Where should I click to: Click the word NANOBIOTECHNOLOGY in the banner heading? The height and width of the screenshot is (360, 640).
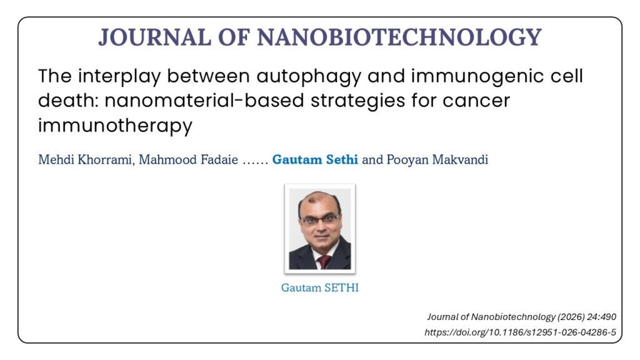tap(399, 37)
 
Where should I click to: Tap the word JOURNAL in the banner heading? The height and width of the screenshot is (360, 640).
tap(154, 37)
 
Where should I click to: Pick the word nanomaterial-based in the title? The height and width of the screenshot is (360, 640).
tap(204, 101)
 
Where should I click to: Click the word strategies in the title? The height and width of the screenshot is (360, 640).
tap(357, 101)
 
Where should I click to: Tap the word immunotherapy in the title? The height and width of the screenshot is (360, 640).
tap(115, 126)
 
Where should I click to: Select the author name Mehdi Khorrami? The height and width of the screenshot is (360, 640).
tap(85, 159)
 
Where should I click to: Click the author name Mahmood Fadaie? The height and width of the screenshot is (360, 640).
tap(188, 159)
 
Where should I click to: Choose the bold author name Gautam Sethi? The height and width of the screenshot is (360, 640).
tap(315, 159)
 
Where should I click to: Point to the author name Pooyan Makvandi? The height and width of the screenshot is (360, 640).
tap(437, 159)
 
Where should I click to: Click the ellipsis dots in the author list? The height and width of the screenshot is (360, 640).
tap(255, 162)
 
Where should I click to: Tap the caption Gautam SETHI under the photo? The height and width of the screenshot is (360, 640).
tap(319, 287)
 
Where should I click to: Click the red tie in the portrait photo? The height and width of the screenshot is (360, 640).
tap(324, 262)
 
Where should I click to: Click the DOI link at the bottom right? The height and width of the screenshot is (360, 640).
tap(521, 332)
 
